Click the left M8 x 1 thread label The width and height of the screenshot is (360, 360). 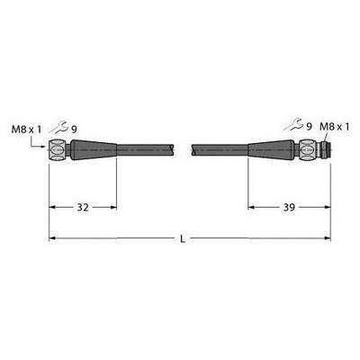point(26,130)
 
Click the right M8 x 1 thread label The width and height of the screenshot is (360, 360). point(335,127)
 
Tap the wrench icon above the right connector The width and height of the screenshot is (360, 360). point(294,125)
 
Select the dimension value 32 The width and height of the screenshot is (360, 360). point(83,207)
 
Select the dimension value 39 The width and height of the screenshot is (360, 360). point(289,207)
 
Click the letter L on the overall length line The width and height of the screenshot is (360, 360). point(183,239)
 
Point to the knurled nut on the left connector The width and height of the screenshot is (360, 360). point(59,149)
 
